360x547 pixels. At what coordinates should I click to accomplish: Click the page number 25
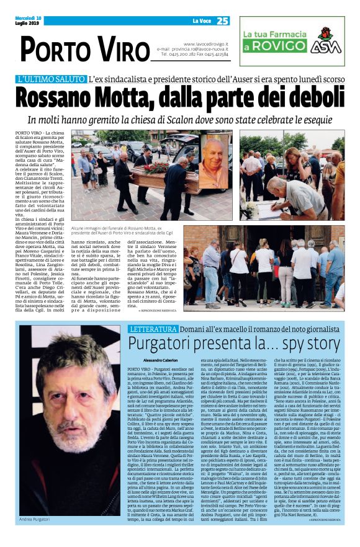click(222, 20)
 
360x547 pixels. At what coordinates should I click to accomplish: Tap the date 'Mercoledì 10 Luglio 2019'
click(29, 20)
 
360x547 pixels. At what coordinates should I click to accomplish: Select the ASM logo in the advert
click(327, 42)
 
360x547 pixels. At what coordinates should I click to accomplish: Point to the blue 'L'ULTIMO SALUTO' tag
click(52, 79)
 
